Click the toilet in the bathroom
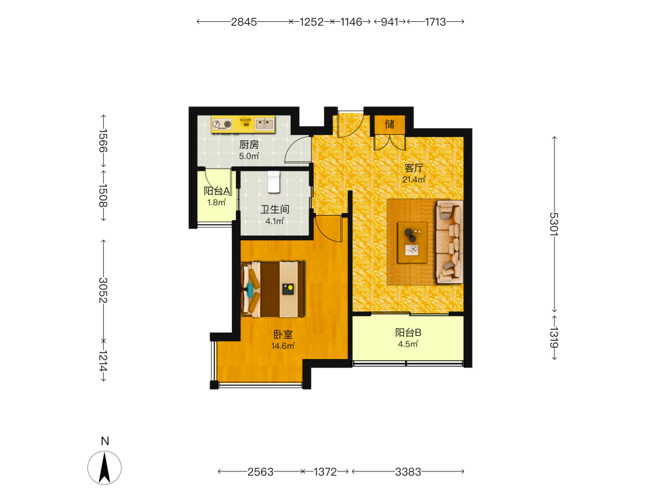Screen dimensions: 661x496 274,182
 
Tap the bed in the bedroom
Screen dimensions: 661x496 273,290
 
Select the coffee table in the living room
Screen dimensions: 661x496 412,243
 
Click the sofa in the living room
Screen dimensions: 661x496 449,241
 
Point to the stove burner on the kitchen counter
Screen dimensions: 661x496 222,124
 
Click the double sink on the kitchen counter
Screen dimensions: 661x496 265,124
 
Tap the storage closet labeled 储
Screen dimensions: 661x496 389,124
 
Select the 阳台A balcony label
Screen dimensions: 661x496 217,191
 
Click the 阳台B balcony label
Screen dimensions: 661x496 408,333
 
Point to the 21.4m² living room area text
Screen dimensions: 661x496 414,179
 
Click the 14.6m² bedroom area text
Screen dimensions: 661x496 283,346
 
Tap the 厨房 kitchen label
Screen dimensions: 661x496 249,145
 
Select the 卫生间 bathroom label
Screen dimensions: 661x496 275,209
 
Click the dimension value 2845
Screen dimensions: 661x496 244,22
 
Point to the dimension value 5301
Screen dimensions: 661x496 554,224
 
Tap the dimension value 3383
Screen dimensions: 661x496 408,472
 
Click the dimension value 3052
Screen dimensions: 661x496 103,290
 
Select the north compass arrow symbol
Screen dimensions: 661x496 104,468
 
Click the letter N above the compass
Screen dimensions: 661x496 105,441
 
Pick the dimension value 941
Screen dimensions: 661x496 389,22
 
